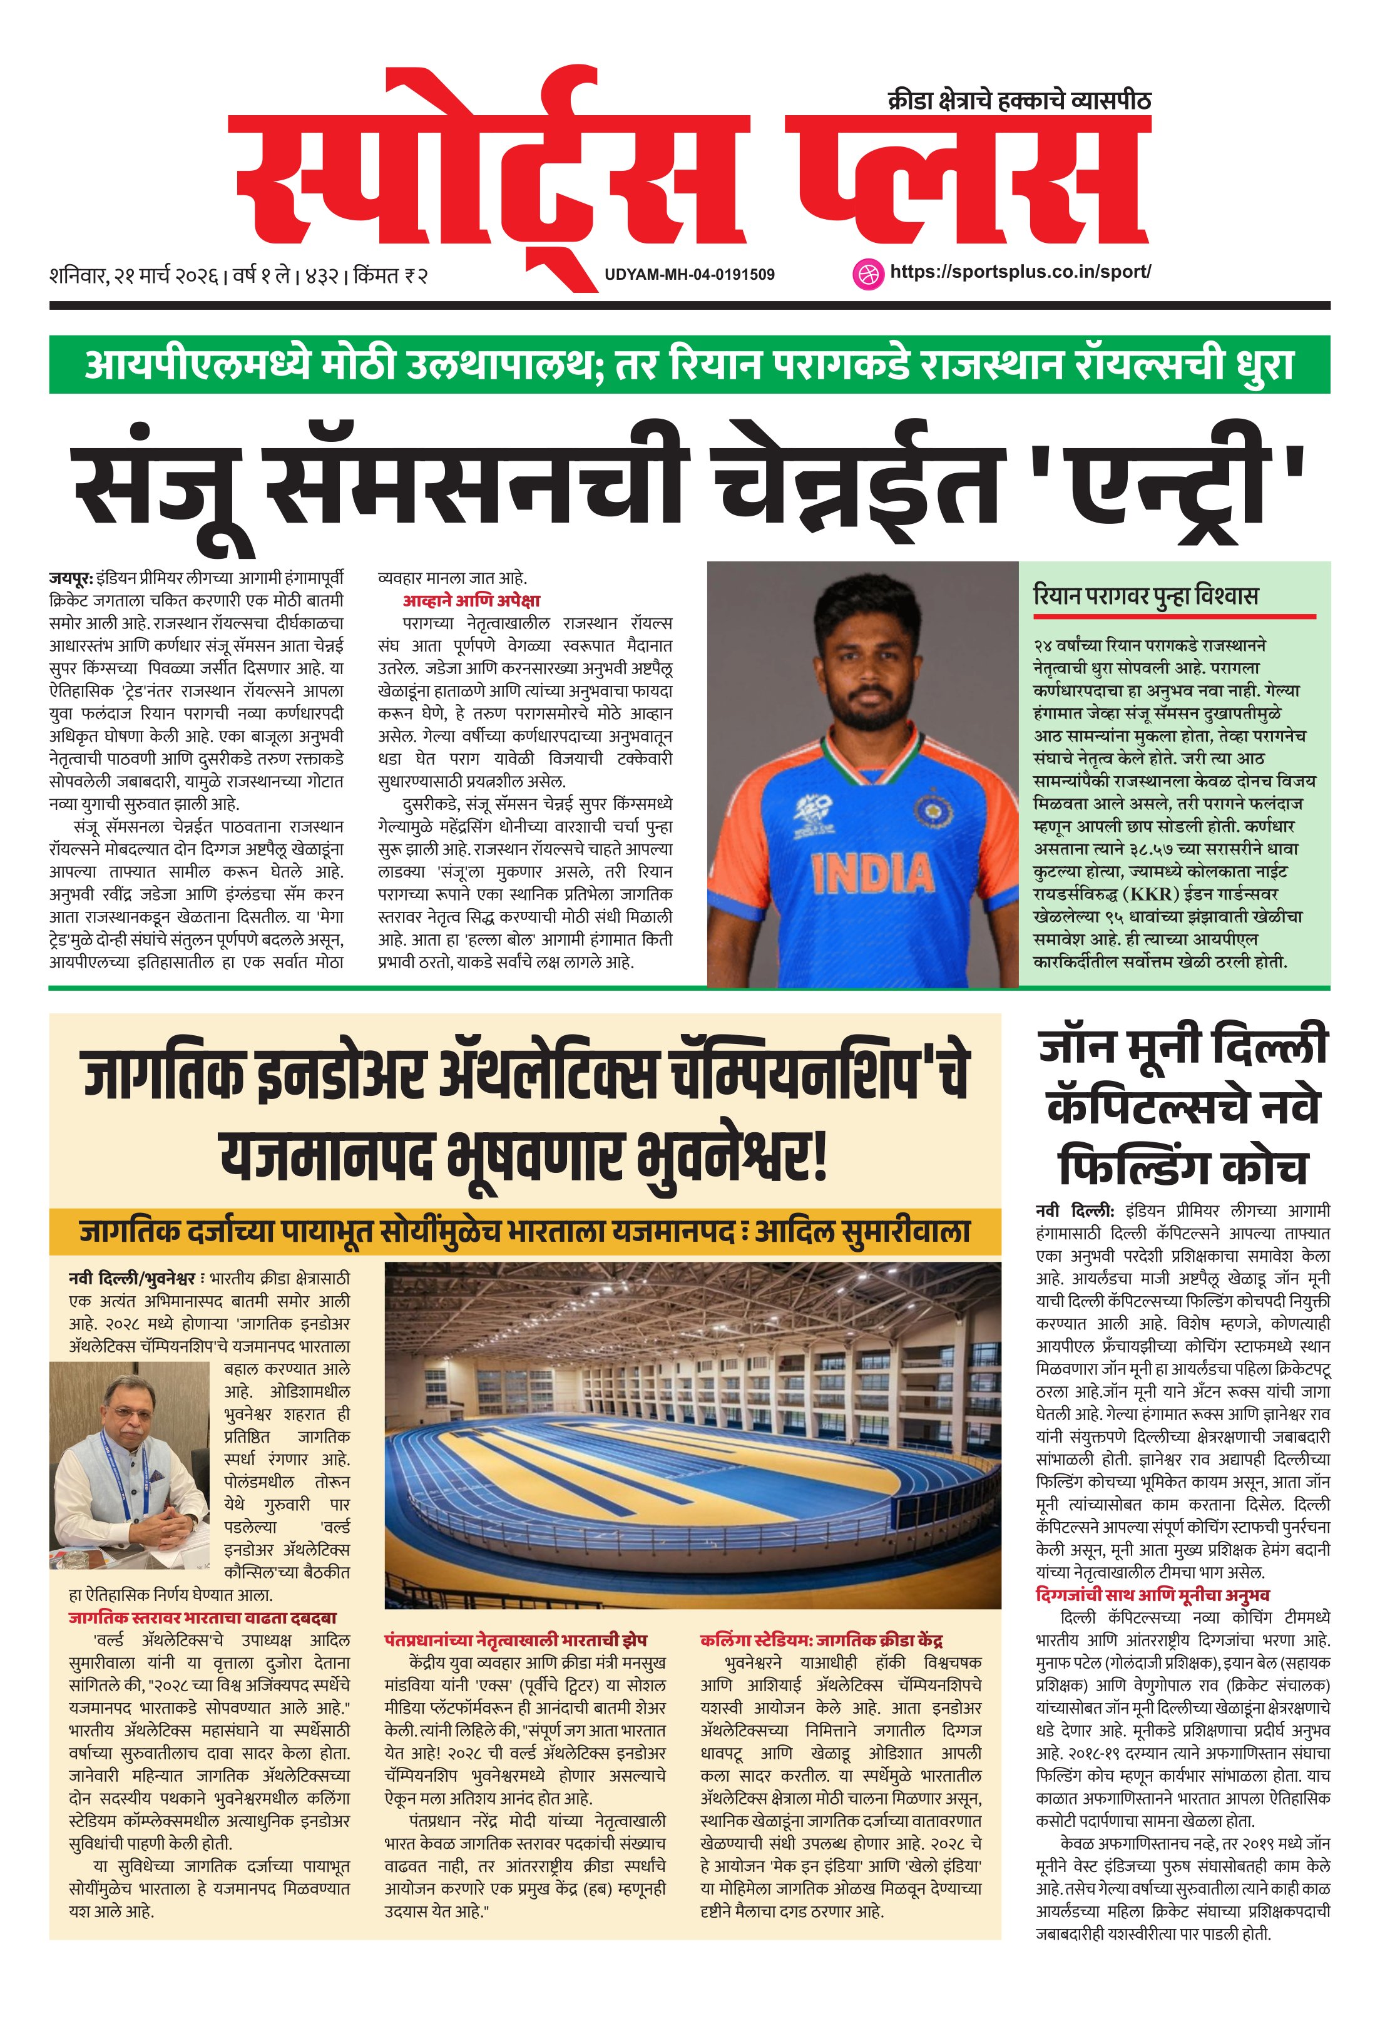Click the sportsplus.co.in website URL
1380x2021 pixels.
(x=1020, y=271)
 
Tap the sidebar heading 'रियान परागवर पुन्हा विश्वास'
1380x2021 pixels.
(x=1145, y=596)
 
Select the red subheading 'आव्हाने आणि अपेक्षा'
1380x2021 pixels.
(x=471, y=601)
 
